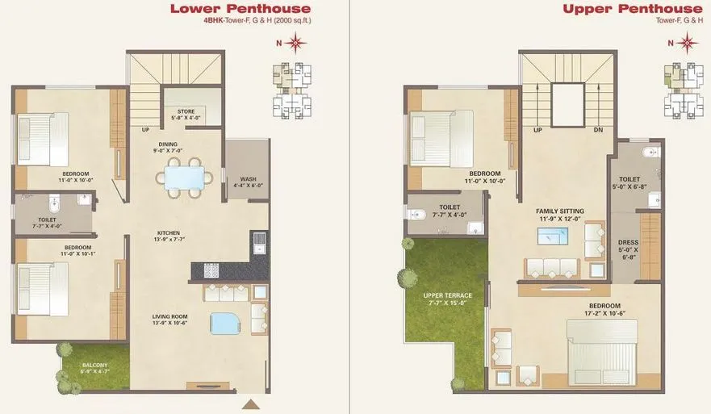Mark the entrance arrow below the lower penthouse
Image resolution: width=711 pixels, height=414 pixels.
(x=253, y=404)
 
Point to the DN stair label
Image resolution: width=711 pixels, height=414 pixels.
(x=598, y=129)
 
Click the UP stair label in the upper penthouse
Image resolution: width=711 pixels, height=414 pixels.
(x=537, y=129)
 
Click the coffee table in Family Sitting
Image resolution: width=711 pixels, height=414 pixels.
(x=553, y=236)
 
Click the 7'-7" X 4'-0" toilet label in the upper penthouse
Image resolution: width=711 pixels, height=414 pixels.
(x=450, y=215)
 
